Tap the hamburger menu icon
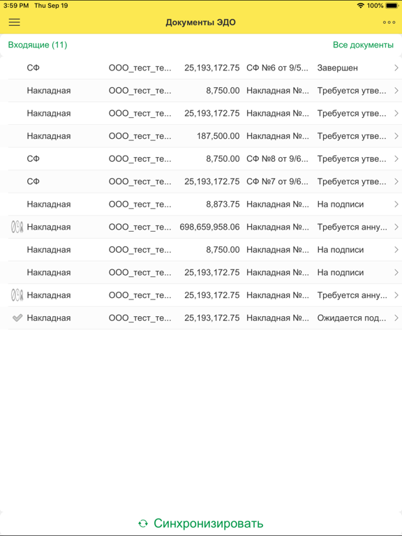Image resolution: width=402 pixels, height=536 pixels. (x=14, y=22)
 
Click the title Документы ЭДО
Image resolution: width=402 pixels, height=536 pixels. (x=200, y=22)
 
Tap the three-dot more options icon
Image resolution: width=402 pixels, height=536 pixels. (x=389, y=22)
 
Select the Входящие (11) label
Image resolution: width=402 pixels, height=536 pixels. (x=38, y=45)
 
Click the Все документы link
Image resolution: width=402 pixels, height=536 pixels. (x=363, y=45)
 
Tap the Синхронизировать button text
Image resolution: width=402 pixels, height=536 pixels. (x=208, y=523)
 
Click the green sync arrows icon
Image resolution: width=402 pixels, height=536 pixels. (x=143, y=523)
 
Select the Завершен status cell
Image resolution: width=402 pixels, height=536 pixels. (x=338, y=68)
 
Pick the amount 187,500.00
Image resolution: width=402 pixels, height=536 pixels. (x=218, y=136)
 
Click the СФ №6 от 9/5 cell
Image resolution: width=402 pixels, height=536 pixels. (x=277, y=68)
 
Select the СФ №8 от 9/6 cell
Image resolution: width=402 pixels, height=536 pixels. (x=277, y=158)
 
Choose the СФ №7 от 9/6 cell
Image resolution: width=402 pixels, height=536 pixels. (x=277, y=181)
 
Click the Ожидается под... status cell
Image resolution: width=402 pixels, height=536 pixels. (x=351, y=318)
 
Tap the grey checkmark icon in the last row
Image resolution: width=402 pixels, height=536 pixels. (x=17, y=318)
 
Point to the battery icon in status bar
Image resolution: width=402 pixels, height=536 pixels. (x=392, y=6)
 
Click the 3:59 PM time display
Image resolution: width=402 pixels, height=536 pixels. (x=15, y=6)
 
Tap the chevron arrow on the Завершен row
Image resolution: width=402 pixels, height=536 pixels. (x=396, y=68)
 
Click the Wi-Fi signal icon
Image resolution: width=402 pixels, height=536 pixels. (x=360, y=6)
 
